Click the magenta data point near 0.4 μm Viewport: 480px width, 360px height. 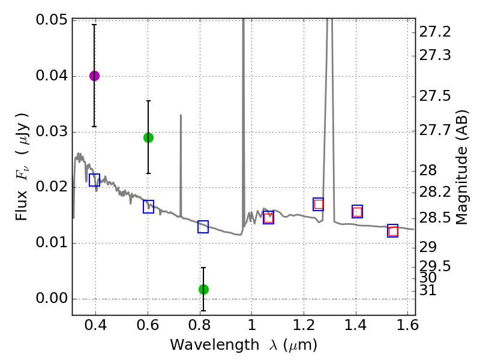94,76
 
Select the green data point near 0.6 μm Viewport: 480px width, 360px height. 148,137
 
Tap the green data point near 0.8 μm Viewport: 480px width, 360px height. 203,289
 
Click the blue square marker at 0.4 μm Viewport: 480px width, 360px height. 94,179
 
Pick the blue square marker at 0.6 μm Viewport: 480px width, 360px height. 148,206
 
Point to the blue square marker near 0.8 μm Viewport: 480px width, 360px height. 203,227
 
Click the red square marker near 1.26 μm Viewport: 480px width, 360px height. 319,204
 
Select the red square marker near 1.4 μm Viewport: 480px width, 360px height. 358,212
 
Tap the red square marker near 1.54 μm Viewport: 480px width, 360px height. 393,231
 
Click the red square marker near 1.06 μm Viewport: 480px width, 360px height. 268,218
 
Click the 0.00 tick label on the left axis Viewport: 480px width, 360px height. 52,299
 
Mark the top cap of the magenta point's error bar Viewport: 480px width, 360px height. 94,25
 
